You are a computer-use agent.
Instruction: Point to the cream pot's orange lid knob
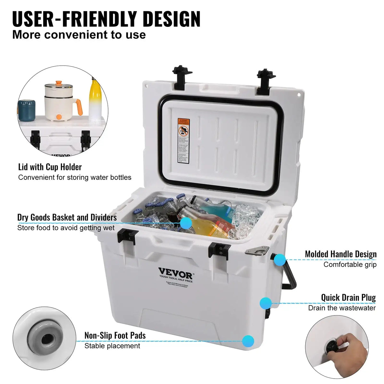[58, 83]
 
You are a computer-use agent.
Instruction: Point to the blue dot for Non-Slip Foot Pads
[248, 341]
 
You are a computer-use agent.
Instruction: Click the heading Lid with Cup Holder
[50, 167]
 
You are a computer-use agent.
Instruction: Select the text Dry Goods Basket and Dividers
[67, 218]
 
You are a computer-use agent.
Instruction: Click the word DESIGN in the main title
[171, 19]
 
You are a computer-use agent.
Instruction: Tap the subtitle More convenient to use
[79, 35]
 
